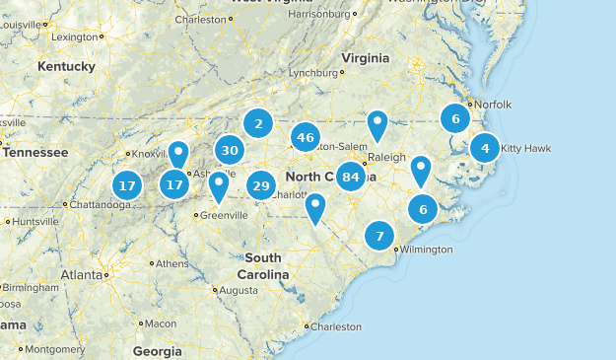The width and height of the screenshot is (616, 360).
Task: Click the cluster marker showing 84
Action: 350,178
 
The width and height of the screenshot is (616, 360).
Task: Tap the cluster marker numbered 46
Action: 306,137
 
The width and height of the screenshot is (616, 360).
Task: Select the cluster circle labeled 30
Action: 231,151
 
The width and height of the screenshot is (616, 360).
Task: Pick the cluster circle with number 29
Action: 261,185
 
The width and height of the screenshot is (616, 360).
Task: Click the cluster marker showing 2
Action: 258,123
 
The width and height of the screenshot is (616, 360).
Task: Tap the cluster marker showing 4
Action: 485,148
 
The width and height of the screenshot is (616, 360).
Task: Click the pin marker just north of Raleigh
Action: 377,125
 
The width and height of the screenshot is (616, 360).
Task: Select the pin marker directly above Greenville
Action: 219,184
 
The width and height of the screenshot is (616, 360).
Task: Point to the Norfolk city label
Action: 493,105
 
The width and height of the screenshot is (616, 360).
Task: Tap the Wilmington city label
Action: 427,250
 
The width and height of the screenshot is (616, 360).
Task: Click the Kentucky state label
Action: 67,66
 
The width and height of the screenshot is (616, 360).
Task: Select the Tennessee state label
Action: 34,153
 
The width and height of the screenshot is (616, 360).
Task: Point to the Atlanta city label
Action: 80,274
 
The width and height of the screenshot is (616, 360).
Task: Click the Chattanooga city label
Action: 99,205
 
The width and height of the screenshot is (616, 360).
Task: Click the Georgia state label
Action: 157,351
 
